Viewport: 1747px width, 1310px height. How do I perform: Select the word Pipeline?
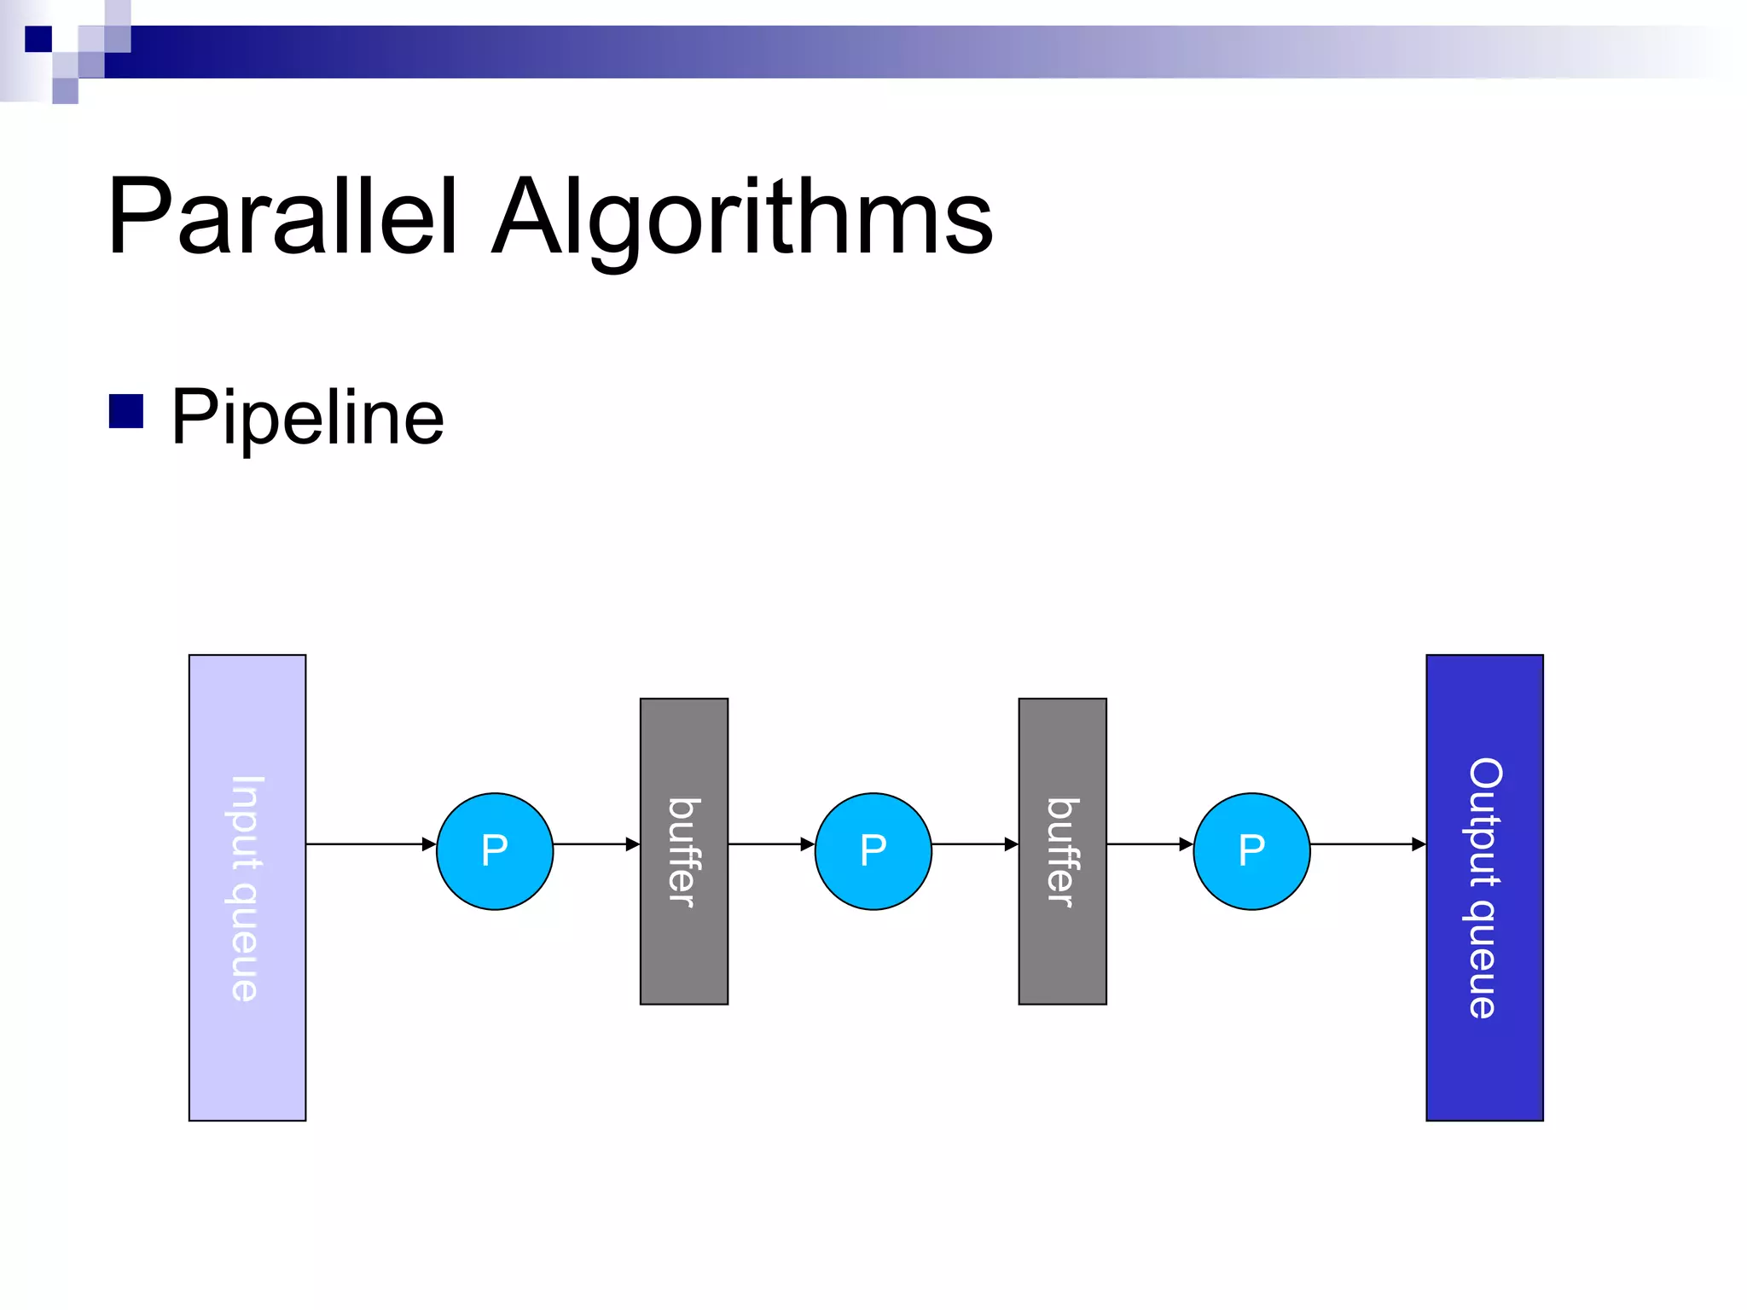[x=307, y=417]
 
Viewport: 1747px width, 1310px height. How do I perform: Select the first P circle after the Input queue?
[x=495, y=851]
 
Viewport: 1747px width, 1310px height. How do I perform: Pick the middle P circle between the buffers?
[x=873, y=851]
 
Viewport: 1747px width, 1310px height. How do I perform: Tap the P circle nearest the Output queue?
[x=1251, y=851]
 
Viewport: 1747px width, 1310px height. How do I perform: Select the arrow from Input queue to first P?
[x=367, y=844]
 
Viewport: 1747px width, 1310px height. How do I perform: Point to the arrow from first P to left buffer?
[x=593, y=844]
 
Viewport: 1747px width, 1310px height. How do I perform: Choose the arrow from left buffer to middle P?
[x=768, y=844]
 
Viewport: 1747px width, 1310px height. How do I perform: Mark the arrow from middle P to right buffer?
[x=972, y=844]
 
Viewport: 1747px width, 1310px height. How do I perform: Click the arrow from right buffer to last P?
[x=1147, y=844]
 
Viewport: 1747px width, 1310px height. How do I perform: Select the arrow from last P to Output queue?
[x=1365, y=844]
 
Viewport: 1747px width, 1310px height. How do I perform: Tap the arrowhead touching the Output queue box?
[x=1419, y=844]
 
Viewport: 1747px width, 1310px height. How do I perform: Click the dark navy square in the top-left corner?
[x=38, y=39]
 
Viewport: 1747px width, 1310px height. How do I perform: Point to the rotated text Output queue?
[x=1484, y=887]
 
